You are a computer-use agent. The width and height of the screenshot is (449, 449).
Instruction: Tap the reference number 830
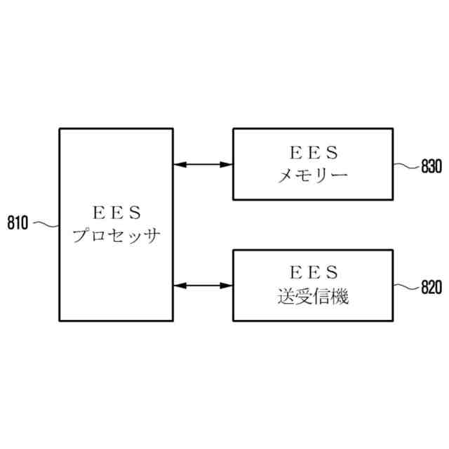point(430,167)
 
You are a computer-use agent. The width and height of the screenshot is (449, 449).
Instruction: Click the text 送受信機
point(313,296)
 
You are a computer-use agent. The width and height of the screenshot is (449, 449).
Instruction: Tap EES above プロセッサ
point(116,211)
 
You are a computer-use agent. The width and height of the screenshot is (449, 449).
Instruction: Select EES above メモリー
point(313,152)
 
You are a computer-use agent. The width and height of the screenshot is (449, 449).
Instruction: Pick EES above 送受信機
point(313,272)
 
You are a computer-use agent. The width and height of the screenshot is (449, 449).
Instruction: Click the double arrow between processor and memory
point(203,165)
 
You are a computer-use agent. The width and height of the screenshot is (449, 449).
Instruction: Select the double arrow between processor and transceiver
point(203,285)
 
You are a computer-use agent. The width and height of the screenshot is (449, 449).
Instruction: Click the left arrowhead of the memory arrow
point(179,165)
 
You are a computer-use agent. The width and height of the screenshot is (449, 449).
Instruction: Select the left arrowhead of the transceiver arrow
point(179,285)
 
